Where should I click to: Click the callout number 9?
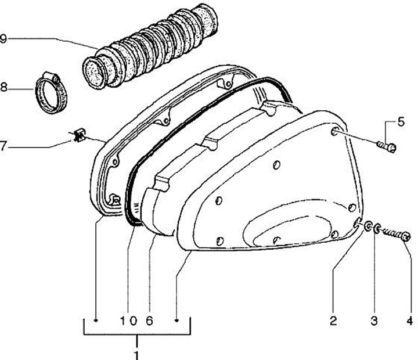[x=3, y=39]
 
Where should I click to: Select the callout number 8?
[x=3, y=88]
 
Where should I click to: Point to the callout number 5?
[x=400, y=122]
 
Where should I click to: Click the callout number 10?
[x=129, y=320]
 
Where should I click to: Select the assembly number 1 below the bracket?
[x=137, y=354]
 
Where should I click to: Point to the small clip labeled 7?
[x=80, y=137]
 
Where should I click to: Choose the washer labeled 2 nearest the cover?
[x=367, y=226]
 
